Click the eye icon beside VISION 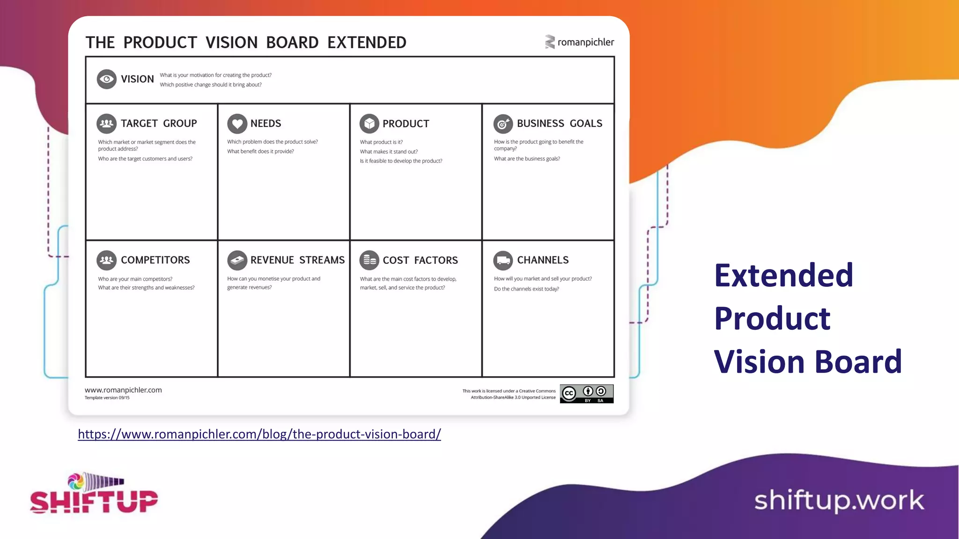(x=107, y=79)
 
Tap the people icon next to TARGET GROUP (x=107, y=124)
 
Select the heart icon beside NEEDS (x=237, y=124)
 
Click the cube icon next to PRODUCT (x=369, y=124)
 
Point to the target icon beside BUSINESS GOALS (x=503, y=124)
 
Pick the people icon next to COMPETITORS (x=107, y=260)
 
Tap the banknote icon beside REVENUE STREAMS (x=237, y=260)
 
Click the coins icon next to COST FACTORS (x=369, y=260)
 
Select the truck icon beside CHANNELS (x=503, y=260)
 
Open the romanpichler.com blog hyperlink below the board (x=259, y=434)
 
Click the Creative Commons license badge (x=586, y=394)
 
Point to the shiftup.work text (x=839, y=501)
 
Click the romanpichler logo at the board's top (x=579, y=42)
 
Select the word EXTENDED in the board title (x=367, y=43)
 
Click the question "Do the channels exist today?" (x=526, y=289)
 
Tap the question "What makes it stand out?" (x=389, y=152)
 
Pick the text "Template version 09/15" (x=107, y=398)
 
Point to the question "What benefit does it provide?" (x=260, y=152)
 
